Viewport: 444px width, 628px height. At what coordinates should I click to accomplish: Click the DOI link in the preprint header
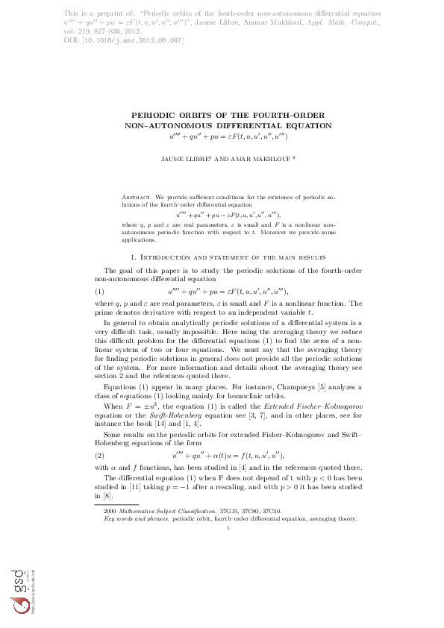pyautogui.click(x=131, y=40)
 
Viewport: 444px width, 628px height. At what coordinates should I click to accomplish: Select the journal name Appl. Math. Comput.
pyautogui.click(x=351, y=23)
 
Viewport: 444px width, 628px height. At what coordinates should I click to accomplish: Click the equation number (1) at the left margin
pyautogui.click(x=99, y=291)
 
